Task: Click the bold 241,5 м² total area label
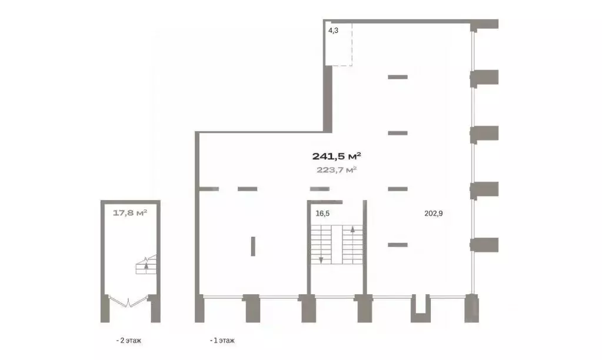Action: click(x=337, y=156)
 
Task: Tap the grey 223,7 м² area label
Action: click(x=337, y=169)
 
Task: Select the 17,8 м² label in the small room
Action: click(x=130, y=212)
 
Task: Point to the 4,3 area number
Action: click(x=333, y=31)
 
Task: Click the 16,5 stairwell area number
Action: click(x=322, y=214)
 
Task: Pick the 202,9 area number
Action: click(x=434, y=214)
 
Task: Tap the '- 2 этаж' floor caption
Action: click(x=129, y=341)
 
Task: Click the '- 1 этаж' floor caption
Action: click(x=222, y=341)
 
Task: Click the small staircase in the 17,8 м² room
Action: click(x=146, y=265)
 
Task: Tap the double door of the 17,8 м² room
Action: click(x=128, y=301)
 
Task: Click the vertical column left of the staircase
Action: click(x=253, y=246)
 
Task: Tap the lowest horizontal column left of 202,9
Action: click(x=398, y=245)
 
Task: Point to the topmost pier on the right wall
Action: click(x=484, y=77)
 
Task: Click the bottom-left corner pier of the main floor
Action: click(x=199, y=308)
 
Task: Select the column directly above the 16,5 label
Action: click(x=320, y=189)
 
